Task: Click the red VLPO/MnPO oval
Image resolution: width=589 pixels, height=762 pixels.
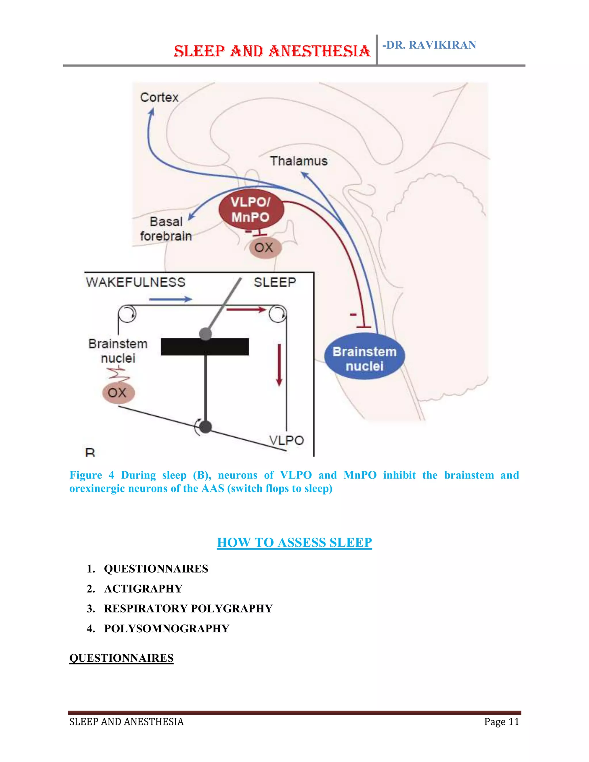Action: [x=251, y=210]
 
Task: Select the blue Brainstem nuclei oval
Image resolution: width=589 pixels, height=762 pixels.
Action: [x=365, y=357]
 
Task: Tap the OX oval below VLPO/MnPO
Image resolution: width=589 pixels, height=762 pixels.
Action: [x=265, y=248]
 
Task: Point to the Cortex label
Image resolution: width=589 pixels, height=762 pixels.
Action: [x=159, y=97]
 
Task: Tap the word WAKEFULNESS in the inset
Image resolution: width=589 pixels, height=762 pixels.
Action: [x=135, y=282]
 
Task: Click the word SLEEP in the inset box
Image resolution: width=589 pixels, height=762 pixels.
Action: [x=275, y=282]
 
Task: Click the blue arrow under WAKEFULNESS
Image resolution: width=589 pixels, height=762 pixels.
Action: [x=170, y=299]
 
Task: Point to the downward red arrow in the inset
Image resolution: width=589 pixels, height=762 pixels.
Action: [x=279, y=365]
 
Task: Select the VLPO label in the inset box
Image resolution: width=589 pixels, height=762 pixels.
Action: [x=286, y=440]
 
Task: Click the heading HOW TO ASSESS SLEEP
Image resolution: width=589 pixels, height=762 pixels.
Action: [x=294, y=543]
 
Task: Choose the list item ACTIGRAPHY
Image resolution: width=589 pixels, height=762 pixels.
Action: [x=143, y=589]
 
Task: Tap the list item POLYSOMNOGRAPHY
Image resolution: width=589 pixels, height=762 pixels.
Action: [x=167, y=628]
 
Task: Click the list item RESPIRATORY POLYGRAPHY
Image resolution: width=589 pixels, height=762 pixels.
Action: [x=188, y=608]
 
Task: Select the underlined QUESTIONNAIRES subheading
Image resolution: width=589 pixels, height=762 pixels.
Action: [x=121, y=658]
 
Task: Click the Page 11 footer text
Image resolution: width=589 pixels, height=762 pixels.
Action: [x=501, y=721]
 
